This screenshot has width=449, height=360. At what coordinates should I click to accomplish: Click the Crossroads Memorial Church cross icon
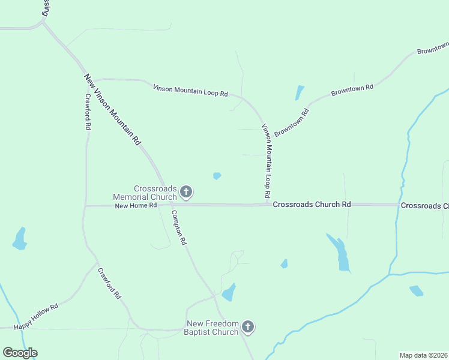pyautogui.click(x=186, y=193)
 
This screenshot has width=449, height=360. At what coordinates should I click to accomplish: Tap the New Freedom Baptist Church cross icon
pyautogui.click(x=248, y=328)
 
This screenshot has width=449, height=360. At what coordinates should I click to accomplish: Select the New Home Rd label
pyautogui.click(x=136, y=205)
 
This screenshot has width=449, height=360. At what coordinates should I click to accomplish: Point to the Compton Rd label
pyautogui.click(x=179, y=227)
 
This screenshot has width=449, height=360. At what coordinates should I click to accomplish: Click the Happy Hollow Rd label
pyautogui.click(x=36, y=316)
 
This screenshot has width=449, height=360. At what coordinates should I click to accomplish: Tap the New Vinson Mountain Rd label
pyautogui.click(x=112, y=109)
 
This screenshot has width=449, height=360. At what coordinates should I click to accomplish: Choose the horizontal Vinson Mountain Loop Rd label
pyautogui.click(x=190, y=90)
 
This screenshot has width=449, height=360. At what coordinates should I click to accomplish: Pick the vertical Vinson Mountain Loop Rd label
pyautogui.click(x=267, y=161)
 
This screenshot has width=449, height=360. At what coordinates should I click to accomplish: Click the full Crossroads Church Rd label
pyautogui.click(x=312, y=205)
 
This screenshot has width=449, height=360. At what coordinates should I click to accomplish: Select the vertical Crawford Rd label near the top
pyautogui.click(x=88, y=112)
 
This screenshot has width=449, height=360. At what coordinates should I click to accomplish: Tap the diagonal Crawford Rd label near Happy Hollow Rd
pyautogui.click(x=110, y=283)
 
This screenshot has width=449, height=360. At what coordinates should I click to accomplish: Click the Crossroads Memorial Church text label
pyautogui.click(x=147, y=193)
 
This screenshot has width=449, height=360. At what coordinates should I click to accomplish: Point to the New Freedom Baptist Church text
pyautogui.click(x=211, y=328)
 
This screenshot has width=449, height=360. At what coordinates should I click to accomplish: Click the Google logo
pyautogui.click(x=20, y=353)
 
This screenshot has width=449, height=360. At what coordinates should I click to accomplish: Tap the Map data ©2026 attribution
pyautogui.click(x=424, y=355)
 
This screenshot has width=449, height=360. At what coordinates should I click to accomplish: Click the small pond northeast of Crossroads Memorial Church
pyautogui.click(x=217, y=176)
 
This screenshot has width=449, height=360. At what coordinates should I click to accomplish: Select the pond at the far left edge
pyautogui.click(x=20, y=239)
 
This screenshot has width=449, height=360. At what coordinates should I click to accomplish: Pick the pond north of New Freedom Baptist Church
pyautogui.click(x=229, y=293)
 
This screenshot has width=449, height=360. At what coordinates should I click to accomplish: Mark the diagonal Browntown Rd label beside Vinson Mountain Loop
pyautogui.click(x=292, y=122)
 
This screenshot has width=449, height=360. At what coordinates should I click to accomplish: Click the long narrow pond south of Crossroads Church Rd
pyautogui.click(x=340, y=252)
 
